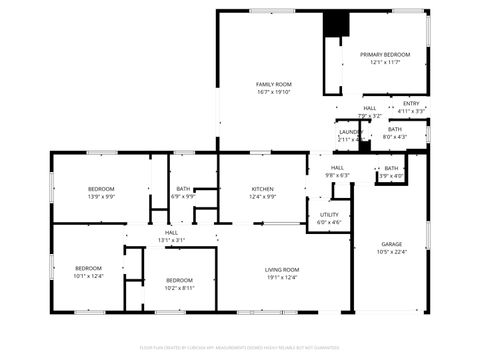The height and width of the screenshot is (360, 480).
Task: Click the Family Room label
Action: point(273,84)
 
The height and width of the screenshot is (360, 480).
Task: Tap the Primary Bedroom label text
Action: point(385,54)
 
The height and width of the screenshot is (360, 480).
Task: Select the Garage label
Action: point(391,244)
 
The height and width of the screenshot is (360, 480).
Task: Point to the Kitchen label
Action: point(263,189)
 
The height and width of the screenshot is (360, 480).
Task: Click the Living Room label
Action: point(282,270)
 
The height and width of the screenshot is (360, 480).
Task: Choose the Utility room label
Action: point(329,214)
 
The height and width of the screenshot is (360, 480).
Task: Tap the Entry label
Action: point(411,103)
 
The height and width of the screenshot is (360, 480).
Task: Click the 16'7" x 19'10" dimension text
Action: point(273,92)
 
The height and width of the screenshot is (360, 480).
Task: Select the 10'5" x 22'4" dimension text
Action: point(391,252)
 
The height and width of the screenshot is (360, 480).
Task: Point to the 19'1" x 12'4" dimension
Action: point(282,278)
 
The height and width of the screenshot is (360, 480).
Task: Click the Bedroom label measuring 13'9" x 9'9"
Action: point(102,189)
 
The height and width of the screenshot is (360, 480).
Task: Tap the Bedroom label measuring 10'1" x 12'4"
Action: point(89,268)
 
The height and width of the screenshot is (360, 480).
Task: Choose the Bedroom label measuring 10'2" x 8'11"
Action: point(179,280)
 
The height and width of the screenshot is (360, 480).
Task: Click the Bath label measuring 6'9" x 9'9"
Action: point(183,189)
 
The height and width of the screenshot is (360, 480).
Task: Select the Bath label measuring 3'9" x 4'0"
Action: point(391,168)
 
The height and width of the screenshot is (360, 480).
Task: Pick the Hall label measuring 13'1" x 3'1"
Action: point(172,233)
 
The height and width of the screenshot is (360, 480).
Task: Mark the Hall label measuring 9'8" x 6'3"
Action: point(337,167)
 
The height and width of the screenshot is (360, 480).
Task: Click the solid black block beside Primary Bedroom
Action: point(333,25)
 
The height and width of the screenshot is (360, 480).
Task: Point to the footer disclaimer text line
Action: point(240,348)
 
